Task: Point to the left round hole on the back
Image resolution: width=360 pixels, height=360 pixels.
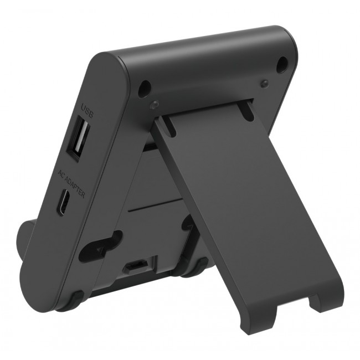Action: tap(146, 87)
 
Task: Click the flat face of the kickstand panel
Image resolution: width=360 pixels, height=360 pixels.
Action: tap(249, 210)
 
